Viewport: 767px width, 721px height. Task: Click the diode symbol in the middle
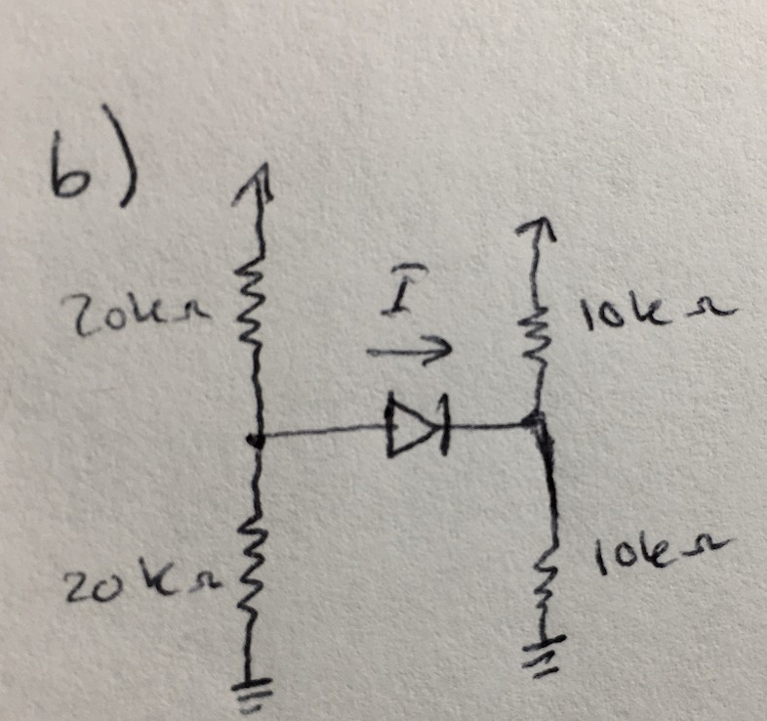point(416,426)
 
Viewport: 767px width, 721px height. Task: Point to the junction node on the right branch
point(536,423)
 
